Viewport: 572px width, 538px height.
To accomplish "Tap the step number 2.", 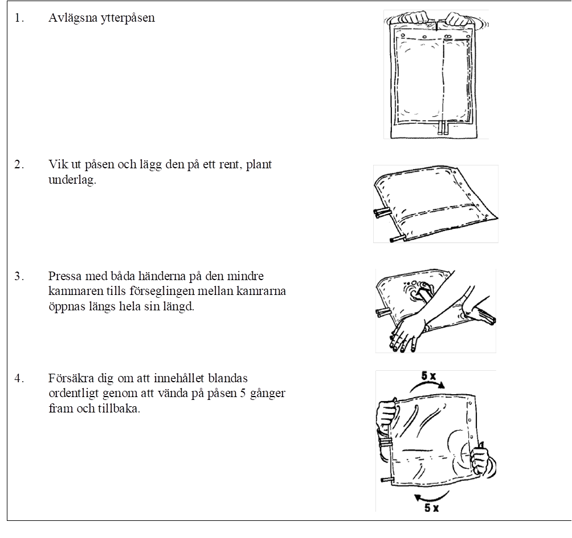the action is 19,165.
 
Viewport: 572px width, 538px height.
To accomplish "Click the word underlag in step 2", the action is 72,180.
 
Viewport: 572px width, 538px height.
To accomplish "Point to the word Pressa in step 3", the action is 65,276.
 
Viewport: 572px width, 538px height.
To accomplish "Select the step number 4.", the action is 19,378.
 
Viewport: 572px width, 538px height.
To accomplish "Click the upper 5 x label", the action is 428,375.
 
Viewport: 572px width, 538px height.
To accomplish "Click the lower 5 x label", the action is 431,507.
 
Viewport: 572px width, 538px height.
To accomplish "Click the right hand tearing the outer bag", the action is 458,18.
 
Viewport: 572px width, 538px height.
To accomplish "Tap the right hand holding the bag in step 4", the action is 482,461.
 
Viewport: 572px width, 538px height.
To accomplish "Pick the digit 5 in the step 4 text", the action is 243,394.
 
